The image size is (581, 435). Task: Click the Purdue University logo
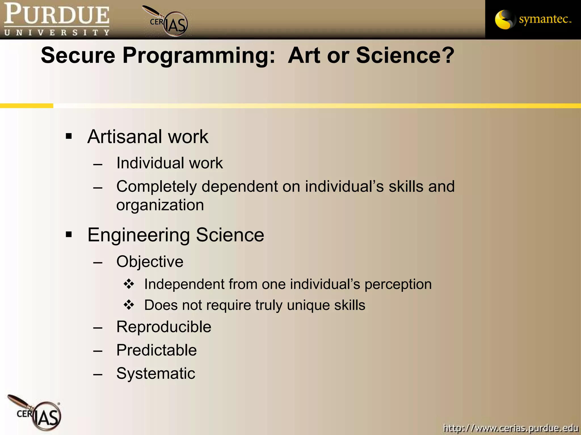pos(57,19)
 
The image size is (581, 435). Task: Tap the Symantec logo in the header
pos(533,19)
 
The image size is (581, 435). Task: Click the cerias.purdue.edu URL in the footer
pos(511,428)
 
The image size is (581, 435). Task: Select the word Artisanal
pos(125,137)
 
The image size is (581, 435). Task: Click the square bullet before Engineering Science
pos(69,234)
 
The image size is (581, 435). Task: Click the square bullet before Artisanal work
pos(69,137)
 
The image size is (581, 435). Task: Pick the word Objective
pos(150,261)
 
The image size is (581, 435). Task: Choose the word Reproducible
pos(164,327)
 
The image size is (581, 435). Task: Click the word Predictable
pos(156,350)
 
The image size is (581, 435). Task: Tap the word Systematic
pos(156,373)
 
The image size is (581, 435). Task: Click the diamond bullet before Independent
pos(129,284)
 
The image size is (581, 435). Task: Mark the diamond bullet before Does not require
pos(129,305)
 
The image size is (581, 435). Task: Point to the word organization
pos(160,205)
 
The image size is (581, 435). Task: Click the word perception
pos(398,284)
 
